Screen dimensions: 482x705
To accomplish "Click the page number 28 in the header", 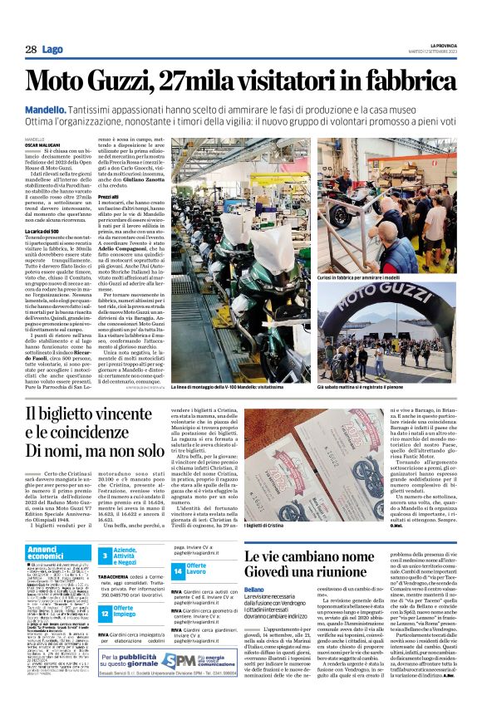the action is (30, 50).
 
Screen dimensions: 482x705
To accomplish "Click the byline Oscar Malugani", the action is (42, 144).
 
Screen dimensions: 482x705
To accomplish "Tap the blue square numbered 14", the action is (180, 571).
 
